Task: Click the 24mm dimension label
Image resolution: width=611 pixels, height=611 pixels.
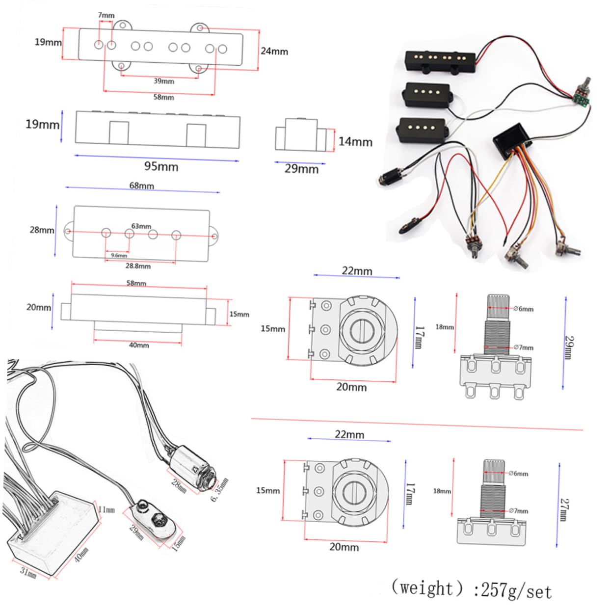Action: tap(274, 51)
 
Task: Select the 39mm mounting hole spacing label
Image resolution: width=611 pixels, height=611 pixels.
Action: tap(163, 81)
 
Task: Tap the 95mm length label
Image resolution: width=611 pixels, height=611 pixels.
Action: tap(161, 166)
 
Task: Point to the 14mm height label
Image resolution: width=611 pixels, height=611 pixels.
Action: tap(355, 142)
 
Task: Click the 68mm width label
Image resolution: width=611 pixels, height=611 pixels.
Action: tap(141, 186)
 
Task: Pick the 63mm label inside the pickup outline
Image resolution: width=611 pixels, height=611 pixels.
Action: tap(141, 226)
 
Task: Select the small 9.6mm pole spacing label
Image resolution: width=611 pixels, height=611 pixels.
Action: tap(119, 255)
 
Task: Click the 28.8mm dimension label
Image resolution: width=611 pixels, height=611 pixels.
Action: tap(138, 266)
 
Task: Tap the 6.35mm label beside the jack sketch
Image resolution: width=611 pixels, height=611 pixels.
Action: tap(219, 490)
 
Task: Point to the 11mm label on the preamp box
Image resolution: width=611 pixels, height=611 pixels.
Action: tap(106, 510)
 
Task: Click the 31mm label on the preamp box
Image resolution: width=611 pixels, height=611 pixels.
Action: tap(28, 572)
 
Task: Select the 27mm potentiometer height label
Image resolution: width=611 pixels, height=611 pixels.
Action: tap(564, 509)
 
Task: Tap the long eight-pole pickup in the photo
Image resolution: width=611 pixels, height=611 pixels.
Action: tap(440, 61)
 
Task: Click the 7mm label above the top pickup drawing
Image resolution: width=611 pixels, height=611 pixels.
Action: tap(106, 15)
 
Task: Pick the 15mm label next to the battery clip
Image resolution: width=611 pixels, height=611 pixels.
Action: tap(179, 543)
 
